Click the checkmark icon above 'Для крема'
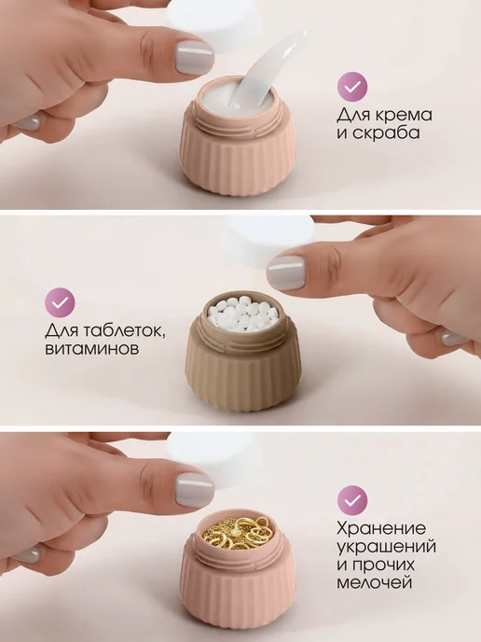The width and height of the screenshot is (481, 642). coord(352,87)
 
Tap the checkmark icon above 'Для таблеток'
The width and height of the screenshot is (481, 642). coord(60,303)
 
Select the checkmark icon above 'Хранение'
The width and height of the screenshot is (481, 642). coord(352,500)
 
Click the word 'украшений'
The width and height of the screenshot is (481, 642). coord(386,547)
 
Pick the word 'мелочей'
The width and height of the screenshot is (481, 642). coord(373,582)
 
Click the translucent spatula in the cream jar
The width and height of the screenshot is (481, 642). coord(269,77)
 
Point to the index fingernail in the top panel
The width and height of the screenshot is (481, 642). coord(194,58)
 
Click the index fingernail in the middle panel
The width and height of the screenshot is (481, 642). coord(286,272)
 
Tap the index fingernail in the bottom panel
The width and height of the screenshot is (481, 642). coord(194,492)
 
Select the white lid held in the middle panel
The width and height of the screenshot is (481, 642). coord(270,244)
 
